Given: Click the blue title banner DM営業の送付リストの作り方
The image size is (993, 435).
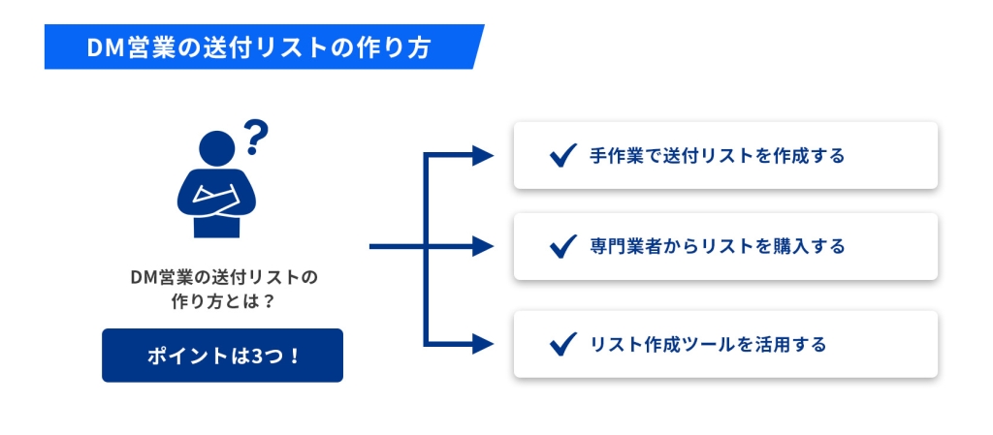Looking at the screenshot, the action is click(x=264, y=47).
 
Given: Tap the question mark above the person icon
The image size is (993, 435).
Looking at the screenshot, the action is click(x=256, y=138).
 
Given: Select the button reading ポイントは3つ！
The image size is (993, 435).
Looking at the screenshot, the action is click(x=222, y=356).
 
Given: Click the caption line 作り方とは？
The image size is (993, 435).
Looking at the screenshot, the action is click(x=222, y=302).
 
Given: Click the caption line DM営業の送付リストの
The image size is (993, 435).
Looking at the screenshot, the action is click(x=222, y=277).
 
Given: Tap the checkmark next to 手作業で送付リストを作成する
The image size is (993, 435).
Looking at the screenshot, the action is click(x=563, y=155).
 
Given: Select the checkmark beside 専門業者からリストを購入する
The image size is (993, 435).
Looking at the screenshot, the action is click(x=563, y=246).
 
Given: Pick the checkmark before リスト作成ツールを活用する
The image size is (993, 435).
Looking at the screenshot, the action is click(x=563, y=344).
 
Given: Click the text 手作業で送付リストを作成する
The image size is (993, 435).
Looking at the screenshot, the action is click(x=717, y=156).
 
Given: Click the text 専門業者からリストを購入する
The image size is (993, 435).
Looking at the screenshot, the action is click(x=717, y=247).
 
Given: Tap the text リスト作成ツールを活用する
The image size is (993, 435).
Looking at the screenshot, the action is click(x=708, y=345).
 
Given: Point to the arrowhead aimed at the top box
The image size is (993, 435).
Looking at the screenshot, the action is click(x=483, y=155).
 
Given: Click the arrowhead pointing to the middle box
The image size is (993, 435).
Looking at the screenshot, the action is click(x=483, y=247).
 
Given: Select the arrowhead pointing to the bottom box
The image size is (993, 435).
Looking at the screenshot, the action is click(x=483, y=345).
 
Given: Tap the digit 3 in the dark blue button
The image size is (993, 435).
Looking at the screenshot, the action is click(x=256, y=356).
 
